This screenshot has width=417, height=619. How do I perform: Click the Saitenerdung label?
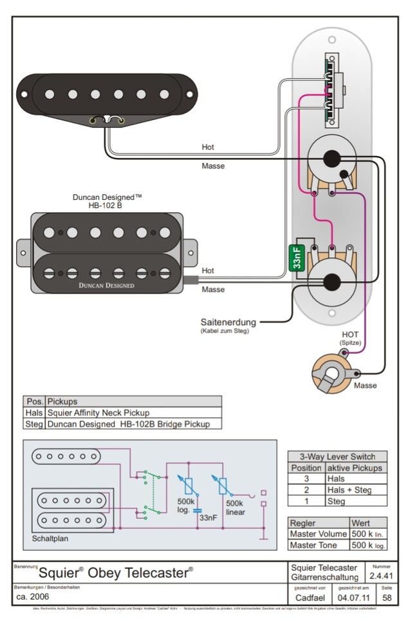[x=228, y=322]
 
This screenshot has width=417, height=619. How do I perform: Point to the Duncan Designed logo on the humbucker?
[x=107, y=284]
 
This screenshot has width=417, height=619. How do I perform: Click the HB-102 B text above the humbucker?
[x=106, y=205]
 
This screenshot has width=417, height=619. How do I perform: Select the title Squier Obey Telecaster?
[x=116, y=573]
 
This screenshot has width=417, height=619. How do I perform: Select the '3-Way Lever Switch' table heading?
[x=337, y=457]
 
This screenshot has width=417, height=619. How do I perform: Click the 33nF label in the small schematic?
[x=208, y=517]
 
